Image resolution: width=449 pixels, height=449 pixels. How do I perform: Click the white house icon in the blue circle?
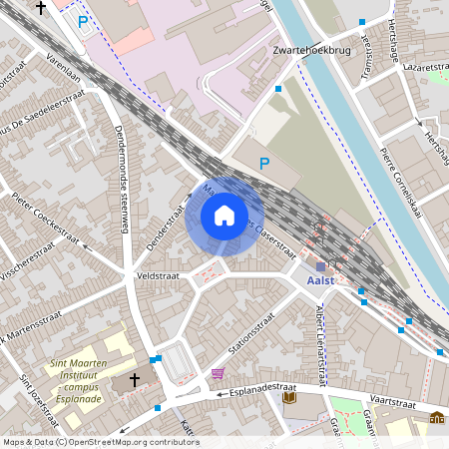224,215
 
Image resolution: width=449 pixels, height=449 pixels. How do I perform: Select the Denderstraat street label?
168,228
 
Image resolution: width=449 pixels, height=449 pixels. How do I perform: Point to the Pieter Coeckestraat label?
45,220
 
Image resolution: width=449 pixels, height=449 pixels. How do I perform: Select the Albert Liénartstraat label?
319,344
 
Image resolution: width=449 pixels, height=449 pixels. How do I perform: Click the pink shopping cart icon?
218,373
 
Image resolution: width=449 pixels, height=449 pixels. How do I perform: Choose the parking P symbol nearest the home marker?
264,163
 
